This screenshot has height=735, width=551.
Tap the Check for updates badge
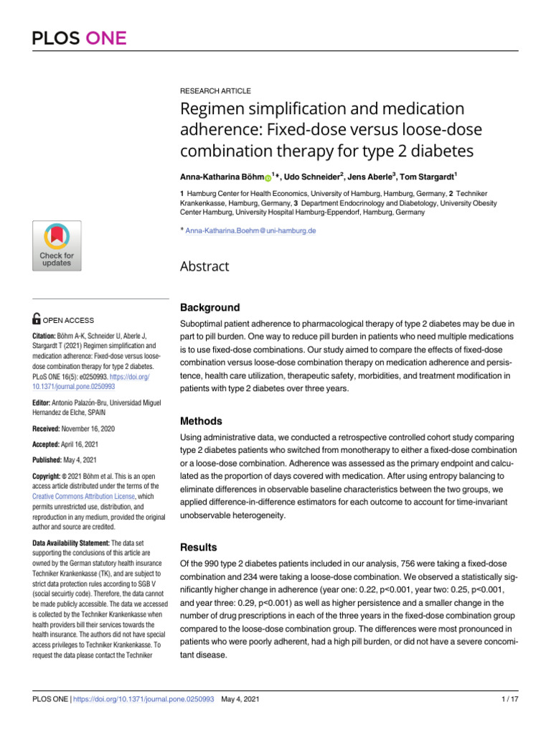coord(56,246)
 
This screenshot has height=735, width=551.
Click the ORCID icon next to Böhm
coord(268,177)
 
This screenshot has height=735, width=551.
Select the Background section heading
coord(209,307)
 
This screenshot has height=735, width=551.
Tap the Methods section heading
coord(201,421)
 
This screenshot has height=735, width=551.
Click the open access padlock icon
coord(37,320)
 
